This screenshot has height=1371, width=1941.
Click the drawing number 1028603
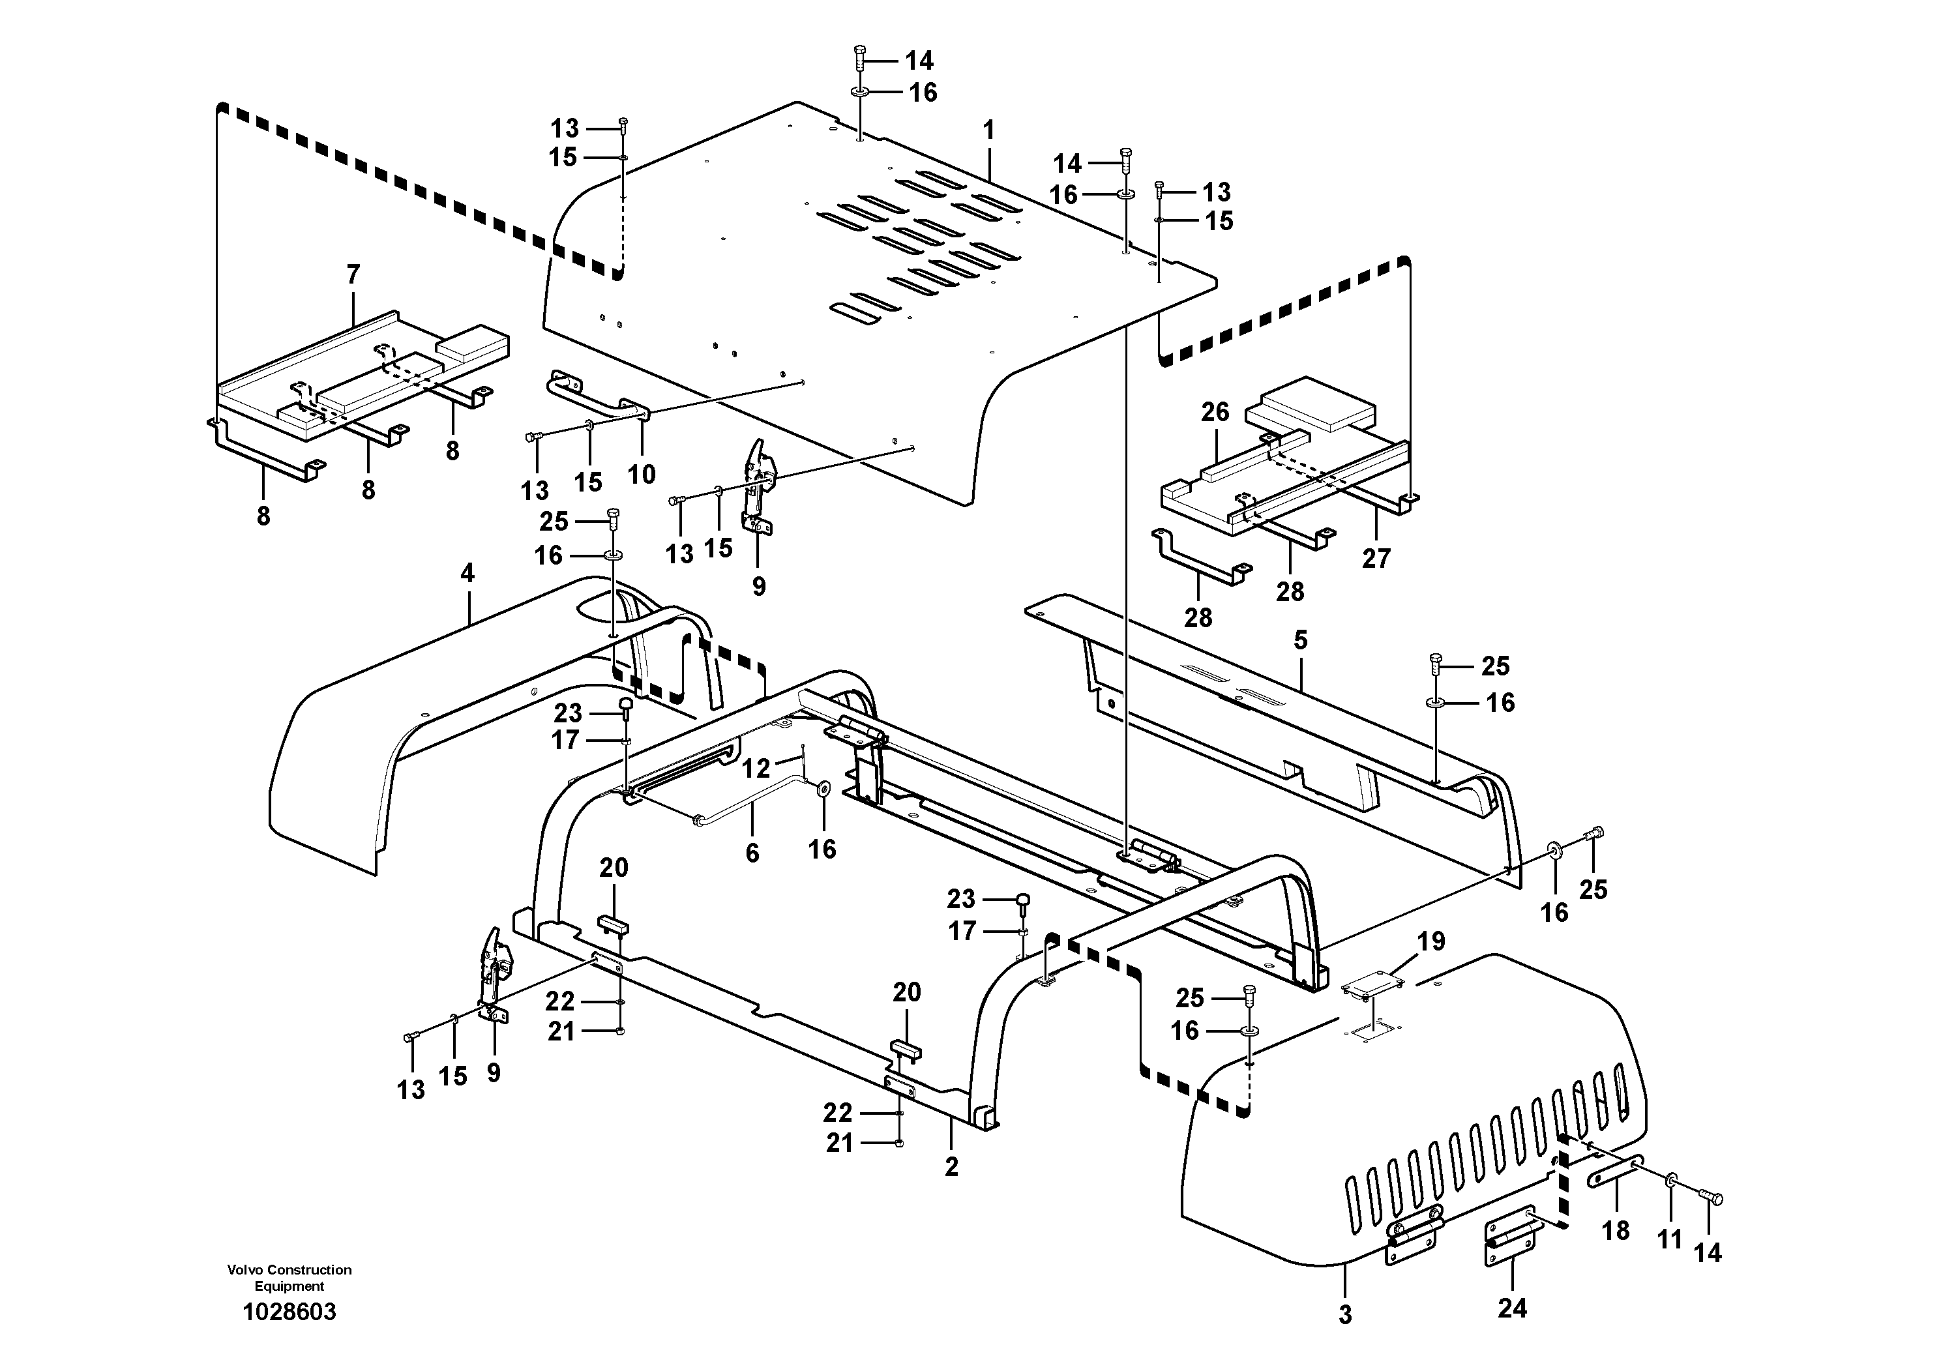(x=289, y=1312)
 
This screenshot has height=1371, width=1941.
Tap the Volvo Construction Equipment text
(x=289, y=1277)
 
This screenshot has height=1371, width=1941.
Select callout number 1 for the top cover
(x=988, y=130)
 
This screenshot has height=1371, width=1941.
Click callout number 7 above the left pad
(x=353, y=274)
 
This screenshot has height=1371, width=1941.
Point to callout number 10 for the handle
(x=641, y=474)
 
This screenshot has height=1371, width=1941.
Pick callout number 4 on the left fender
(x=467, y=573)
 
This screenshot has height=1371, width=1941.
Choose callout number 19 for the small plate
(x=1431, y=941)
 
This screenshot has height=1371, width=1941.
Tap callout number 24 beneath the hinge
(x=1513, y=1308)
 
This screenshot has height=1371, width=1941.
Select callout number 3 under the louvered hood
(x=1345, y=1314)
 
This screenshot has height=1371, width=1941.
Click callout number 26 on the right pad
(x=1215, y=413)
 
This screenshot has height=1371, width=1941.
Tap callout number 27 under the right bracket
(x=1376, y=558)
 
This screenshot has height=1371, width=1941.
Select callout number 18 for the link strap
(x=1616, y=1230)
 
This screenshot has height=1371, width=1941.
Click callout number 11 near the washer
(x=1670, y=1240)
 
